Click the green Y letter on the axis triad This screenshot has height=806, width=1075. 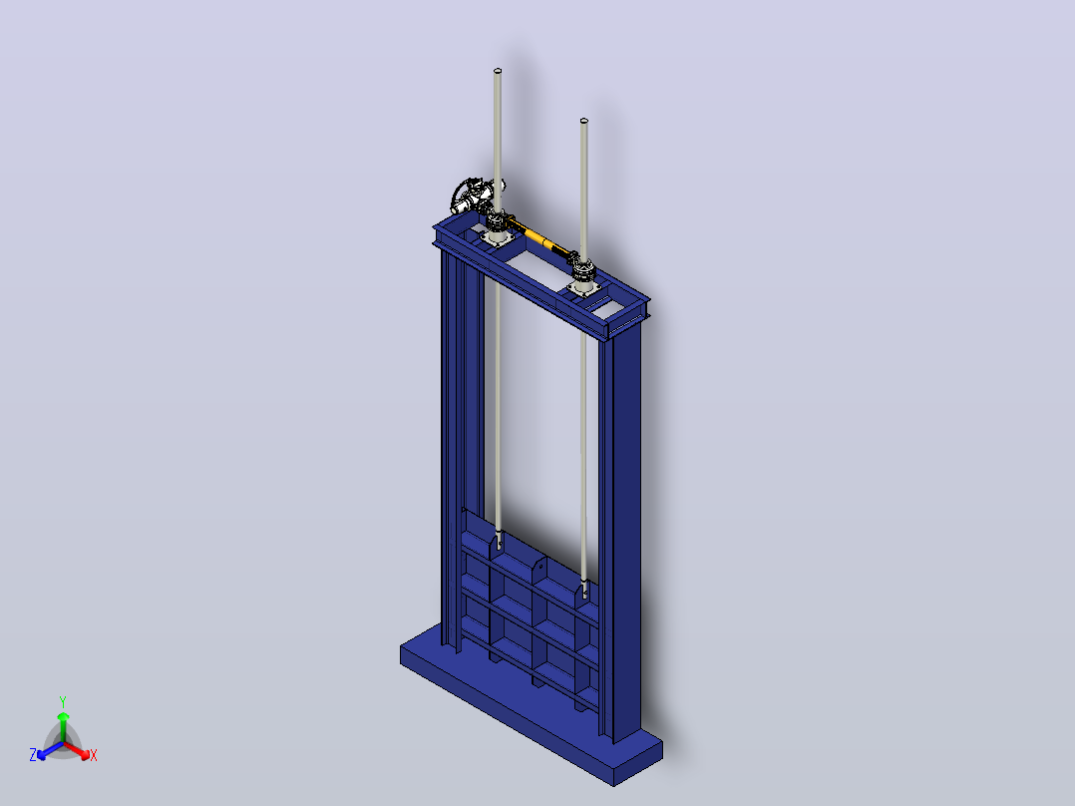tap(63, 701)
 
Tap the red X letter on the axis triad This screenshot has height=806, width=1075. tap(94, 755)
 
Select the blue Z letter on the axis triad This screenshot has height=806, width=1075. tap(33, 755)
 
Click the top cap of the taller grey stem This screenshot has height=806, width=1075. tap(498, 71)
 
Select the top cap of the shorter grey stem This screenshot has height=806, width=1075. tap(584, 121)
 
